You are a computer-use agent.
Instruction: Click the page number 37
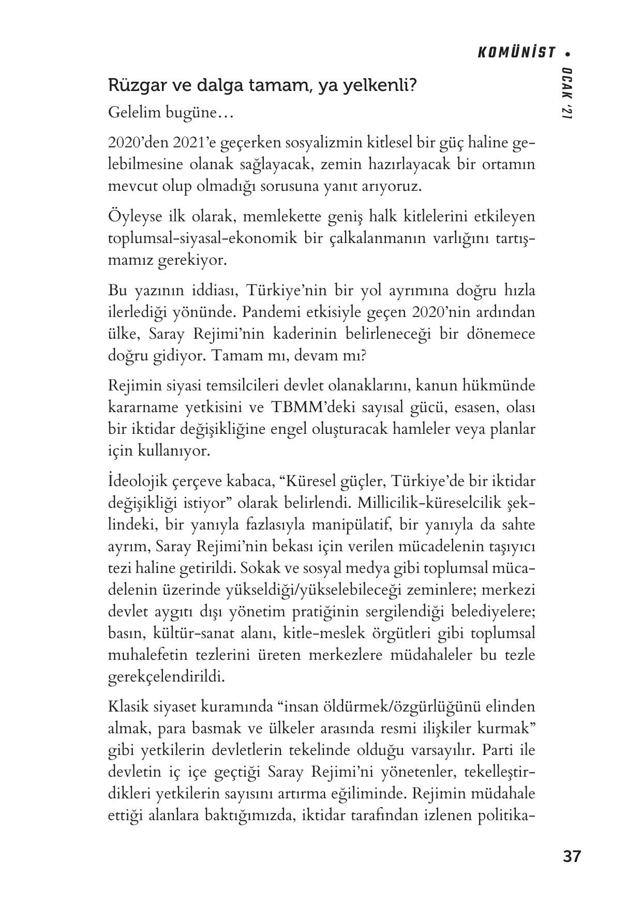[572, 856]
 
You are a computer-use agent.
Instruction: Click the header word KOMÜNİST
[516, 53]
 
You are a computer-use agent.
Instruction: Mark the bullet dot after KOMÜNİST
[568, 53]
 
